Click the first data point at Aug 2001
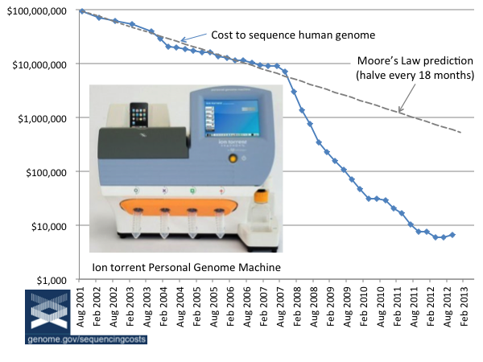tap(82, 11)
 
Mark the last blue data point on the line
tap(452, 235)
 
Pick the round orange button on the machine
tap(233, 158)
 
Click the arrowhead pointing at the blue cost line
tap(182, 40)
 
